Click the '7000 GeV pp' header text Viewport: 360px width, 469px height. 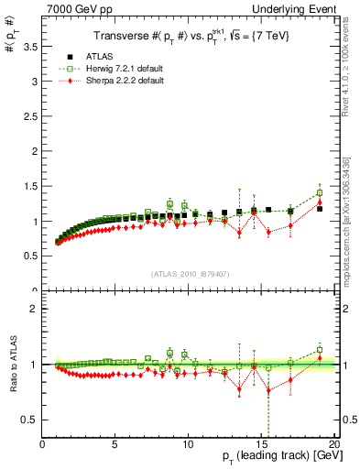pos(71,7)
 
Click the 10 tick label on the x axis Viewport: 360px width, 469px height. pos(188,443)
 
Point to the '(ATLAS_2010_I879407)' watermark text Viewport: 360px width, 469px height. pos(190,274)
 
